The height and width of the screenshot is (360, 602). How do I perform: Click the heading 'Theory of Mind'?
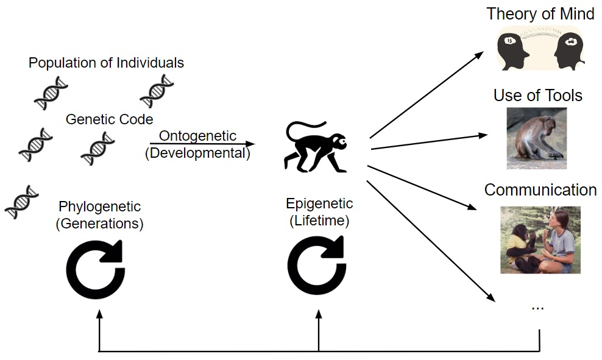click(x=540, y=14)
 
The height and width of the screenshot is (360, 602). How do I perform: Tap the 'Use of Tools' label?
click(x=538, y=96)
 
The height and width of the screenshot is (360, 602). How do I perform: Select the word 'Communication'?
click(x=540, y=190)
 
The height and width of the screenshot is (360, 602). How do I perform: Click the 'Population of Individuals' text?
click(x=107, y=63)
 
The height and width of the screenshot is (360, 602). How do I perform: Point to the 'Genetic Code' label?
click(x=109, y=119)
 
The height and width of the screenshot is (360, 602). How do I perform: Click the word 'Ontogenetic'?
click(x=197, y=136)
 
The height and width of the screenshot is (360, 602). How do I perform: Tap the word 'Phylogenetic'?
click(x=99, y=207)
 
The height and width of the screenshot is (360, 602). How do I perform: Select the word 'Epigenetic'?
click(x=319, y=203)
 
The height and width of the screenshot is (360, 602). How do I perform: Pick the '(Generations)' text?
click(x=99, y=224)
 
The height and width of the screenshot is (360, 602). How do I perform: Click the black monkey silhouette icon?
click(x=315, y=146)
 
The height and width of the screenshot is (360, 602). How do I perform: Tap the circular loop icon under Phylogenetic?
click(x=96, y=269)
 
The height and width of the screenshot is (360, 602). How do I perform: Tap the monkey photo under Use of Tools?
click(x=536, y=138)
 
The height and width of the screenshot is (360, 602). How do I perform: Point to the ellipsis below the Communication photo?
click(x=537, y=306)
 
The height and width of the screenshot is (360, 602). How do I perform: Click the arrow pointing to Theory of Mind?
click(x=427, y=95)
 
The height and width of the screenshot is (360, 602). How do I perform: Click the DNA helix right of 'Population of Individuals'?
click(x=157, y=91)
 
